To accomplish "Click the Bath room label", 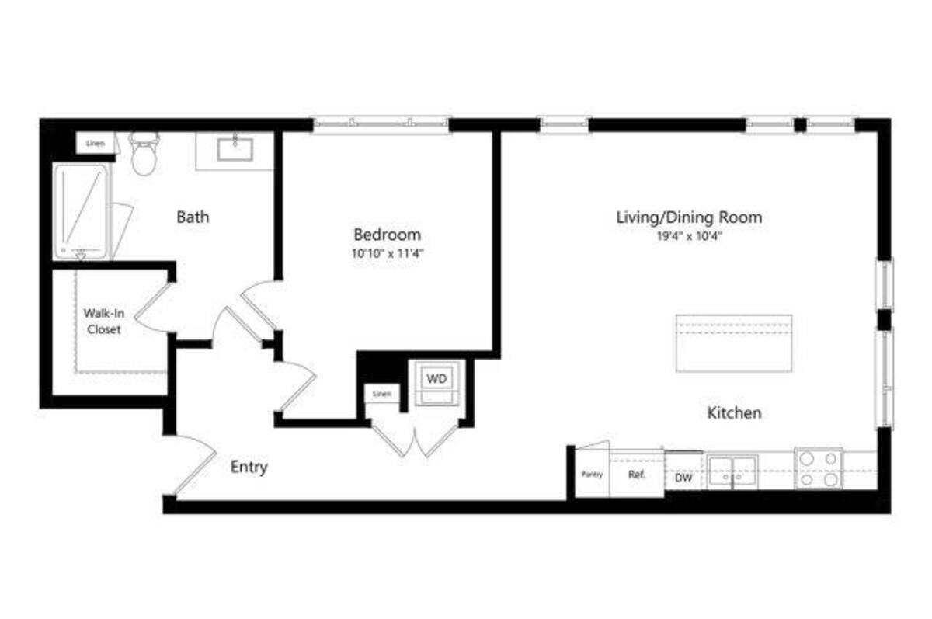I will [193, 217].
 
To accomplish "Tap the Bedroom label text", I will [387, 234].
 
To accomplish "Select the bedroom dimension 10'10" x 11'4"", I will [387, 253].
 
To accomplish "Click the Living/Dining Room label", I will [688, 217].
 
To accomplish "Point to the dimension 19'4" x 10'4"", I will [688, 237].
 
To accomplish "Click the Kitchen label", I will [733, 413].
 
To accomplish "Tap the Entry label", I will [249, 467].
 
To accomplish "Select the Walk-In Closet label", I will [103, 322].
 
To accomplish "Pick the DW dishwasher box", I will [683, 478].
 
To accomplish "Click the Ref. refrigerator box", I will [636, 475].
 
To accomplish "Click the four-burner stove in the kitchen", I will [819, 469].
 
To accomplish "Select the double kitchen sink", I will [734, 471].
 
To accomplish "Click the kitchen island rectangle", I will [733, 343].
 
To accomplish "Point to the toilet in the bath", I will [143, 154].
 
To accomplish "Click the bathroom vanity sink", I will [235, 148].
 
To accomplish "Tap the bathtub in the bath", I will [82, 211].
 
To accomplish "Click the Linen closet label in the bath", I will [95, 144].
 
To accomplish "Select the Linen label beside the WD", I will [381, 395].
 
